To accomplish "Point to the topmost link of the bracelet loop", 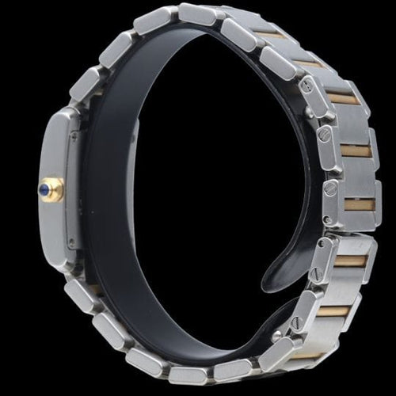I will [x=196, y=14].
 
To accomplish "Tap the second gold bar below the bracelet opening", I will [x=333, y=311].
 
